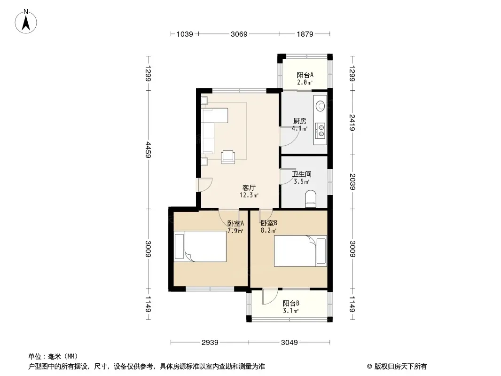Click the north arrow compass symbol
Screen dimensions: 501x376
point(26,22)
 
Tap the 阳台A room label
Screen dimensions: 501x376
point(305,75)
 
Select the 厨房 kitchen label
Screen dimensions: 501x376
point(300,121)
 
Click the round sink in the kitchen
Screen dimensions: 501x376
point(320,106)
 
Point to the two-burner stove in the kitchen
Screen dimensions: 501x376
point(321,131)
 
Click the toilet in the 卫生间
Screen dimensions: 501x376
point(311,199)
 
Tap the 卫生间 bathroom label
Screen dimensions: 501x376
point(302,174)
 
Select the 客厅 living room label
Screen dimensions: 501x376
point(249,188)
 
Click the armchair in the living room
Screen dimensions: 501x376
point(228,157)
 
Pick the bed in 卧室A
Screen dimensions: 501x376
point(200,247)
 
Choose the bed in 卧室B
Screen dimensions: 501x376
point(300,251)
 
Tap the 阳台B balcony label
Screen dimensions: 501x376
point(291,303)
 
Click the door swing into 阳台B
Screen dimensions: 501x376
point(270,297)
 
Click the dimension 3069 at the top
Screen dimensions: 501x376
point(239,34)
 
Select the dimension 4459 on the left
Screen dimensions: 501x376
point(148,149)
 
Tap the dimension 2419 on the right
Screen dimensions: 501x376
point(352,122)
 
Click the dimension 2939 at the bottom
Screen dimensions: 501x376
point(210,343)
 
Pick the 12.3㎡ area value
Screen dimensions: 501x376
point(249,195)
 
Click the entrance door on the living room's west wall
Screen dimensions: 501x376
point(204,185)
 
